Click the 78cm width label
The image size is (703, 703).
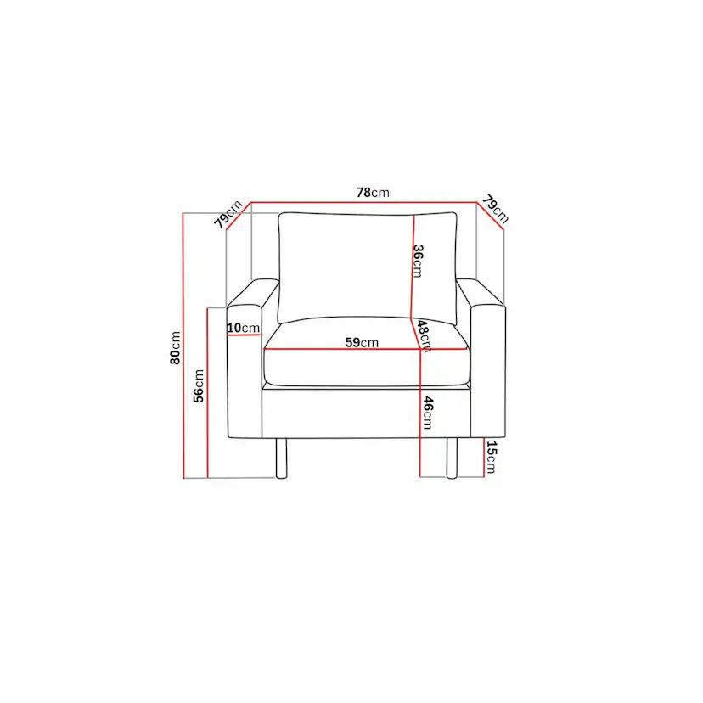click(373, 193)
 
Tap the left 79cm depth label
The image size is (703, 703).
click(228, 214)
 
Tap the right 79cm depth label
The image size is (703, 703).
click(496, 209)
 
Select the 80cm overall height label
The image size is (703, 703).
click(175, 348)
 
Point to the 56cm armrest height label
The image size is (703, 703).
click(199, 385)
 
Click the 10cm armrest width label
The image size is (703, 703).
click(244, 328)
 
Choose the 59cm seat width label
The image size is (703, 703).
click(362, 342)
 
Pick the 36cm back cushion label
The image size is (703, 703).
click(418, 261)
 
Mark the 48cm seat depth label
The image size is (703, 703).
click(425, 336)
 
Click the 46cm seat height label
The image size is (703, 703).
click(428, 413)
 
